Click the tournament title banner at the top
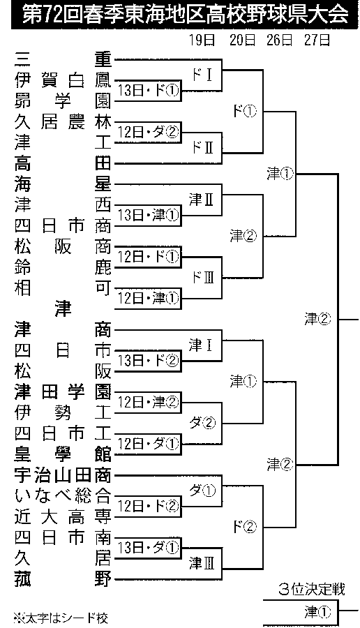tap(180, 15)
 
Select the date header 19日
tap(202, 41)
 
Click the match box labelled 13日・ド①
tap(148, 91)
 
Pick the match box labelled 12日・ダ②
tap(148, 132)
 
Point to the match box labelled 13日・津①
tap(148, 216)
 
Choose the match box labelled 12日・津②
tap(148, 402)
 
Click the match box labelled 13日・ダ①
tap(148, 547)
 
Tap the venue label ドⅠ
tap(202, 75)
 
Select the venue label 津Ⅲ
tap(202, 564)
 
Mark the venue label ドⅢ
tap(202, 277)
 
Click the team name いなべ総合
tap(63, 496)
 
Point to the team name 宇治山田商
tap(63, 475)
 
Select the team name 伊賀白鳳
tap(63, 81)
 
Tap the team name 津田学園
tap(63, 391)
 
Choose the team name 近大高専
tap(63, 517)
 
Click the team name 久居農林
tap(63, 122)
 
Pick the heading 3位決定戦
tap(311, 590)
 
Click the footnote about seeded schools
tap(61, 618)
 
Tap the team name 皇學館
tap(63, 454)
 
